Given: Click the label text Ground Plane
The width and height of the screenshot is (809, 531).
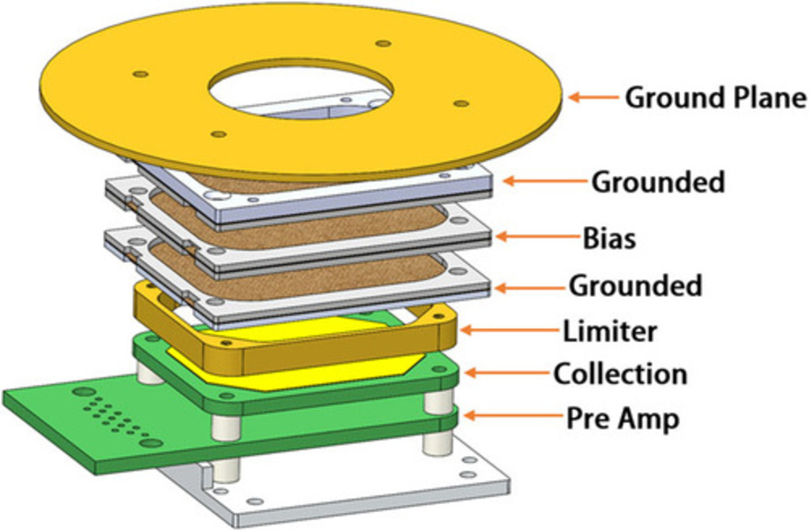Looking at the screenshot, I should click(x=715, y=98).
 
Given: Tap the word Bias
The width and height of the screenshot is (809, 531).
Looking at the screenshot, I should click(x=609, y=238).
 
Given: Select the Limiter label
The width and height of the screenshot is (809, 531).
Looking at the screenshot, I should click(x=609, y=330).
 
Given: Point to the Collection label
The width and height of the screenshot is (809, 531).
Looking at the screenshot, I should click(x=620, y=373).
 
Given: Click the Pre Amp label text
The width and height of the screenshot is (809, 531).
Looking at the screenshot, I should click(x=623, y=418).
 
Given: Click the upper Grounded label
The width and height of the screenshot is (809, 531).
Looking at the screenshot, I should click(x=658, y=182).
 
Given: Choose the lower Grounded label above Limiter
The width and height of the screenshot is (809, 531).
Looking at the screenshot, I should click(x=635, y=285).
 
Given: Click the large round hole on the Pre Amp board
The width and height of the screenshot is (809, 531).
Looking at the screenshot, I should click(x=81, y=391).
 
